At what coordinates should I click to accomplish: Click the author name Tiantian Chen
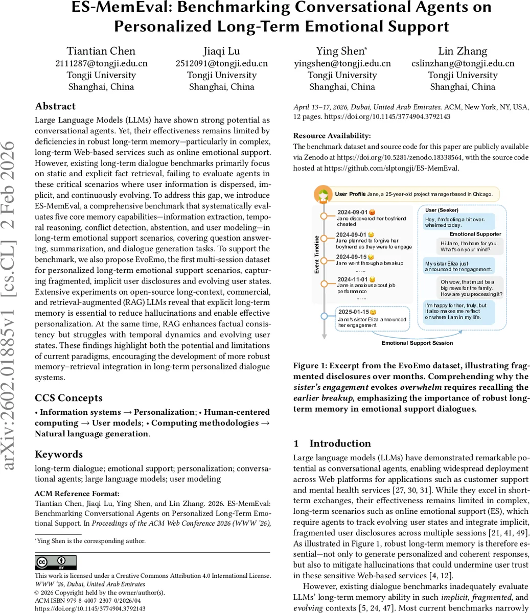pos(101,51)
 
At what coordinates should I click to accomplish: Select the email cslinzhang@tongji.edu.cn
pos(463,63)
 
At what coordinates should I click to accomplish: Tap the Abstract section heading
pos(55,106)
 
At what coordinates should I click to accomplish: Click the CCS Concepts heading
pos(68,398)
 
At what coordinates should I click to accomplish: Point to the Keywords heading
pos(59,454)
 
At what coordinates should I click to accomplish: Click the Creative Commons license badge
pos(56,562)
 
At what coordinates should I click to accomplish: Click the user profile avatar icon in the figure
pos(323,194)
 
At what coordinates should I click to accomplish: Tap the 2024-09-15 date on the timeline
pos(351,257)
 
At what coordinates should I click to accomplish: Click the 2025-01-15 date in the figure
pos(353,312)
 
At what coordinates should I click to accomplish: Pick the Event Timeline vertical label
pos(317,254)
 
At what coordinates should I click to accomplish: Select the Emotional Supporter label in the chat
pos(475,234)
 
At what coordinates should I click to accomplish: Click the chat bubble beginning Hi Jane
pos(469,247)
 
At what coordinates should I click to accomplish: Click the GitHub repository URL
pos(391,168)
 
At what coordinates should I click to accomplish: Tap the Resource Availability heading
pos(332,136)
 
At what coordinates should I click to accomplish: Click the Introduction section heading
pos(340,443)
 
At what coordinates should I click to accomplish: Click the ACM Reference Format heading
pos(77,493)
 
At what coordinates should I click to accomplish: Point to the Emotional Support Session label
pos(417,343)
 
